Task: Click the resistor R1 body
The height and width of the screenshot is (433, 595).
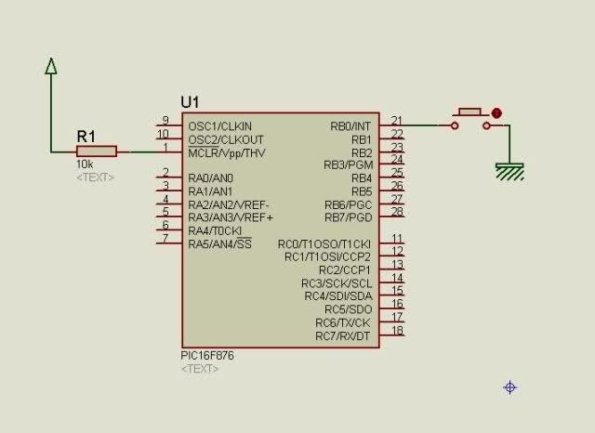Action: [97, 151]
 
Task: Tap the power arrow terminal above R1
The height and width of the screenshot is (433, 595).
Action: [51, 66]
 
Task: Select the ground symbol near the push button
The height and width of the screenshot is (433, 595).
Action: [509, 171]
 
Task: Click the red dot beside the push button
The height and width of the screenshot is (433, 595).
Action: [496, 113]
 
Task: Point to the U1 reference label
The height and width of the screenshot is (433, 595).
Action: [190, 102]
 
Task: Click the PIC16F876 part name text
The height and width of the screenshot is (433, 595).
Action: [207, 356]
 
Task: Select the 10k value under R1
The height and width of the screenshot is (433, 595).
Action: [85, 164]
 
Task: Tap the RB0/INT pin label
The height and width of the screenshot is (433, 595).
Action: [350, 126]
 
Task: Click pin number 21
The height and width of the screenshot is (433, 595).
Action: [397, 120]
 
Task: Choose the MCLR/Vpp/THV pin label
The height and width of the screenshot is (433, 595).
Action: [227, 153]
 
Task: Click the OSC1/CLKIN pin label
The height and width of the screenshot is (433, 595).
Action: [219, 126]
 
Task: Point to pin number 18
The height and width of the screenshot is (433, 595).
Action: [397, 330]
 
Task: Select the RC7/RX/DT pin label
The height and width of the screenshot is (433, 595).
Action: [343, 336]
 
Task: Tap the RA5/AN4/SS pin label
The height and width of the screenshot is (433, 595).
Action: [219, 243]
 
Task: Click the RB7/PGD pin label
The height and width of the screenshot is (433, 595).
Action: [348, 218]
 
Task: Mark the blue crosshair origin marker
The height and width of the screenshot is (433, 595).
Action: [510, 387]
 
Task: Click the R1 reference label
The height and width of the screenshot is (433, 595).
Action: [86, 136]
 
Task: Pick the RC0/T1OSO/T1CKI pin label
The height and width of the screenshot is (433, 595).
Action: [324, 244]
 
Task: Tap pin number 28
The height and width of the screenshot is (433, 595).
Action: [397, 211]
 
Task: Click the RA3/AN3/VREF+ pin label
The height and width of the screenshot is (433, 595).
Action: [231, 217]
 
